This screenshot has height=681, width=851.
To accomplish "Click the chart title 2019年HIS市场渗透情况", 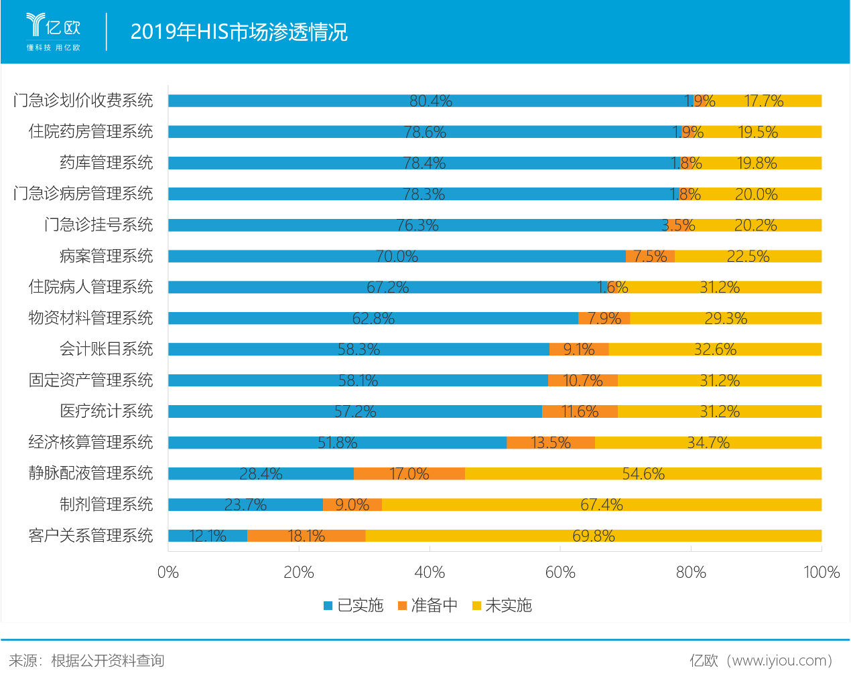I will pos(239,31).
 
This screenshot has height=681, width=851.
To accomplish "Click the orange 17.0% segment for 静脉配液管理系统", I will pos(409,473).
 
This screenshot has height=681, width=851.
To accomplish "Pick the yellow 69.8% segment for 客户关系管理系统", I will pos(594,536).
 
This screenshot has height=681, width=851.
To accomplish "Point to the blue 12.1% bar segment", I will pos(208,536).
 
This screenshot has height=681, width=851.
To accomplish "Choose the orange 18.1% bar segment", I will pos(306,536).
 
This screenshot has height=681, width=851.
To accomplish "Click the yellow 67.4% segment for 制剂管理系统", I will pos(602,505).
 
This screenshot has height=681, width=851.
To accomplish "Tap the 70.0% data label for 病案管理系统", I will pos(397,256).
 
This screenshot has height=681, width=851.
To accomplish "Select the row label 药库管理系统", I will pos(107,163).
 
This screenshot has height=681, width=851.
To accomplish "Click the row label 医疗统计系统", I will pos(107,411).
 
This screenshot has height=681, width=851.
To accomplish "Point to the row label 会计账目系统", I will pos(107,349).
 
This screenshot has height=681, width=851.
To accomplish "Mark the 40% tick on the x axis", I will pos(430,573).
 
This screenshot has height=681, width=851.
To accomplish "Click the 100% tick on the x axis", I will pos(822,573).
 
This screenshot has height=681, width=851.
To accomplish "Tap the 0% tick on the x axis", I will pos(168,573).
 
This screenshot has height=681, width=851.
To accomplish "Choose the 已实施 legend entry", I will pos(354,605).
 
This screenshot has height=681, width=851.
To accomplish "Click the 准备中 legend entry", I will pos(428,605).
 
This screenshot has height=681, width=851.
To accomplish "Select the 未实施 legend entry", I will pos(502,605).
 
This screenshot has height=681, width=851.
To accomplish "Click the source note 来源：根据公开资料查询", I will pos(86,661).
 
